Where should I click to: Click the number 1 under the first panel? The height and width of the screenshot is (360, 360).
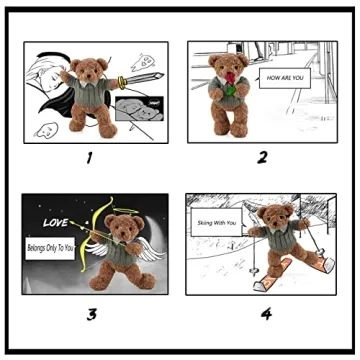click(x=89, y=157)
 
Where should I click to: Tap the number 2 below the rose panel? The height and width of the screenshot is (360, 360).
click(x=261, y=157)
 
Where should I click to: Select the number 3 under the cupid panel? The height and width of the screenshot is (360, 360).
click(x=91, y=315)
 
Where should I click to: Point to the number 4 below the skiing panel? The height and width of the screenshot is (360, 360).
click(x=266, y=315)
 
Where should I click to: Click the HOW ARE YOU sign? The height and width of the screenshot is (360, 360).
click(x=285, y=76)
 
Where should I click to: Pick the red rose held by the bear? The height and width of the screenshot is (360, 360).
click(x=234, y=80)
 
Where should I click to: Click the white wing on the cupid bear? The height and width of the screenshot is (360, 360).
click(x=150, y=250)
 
